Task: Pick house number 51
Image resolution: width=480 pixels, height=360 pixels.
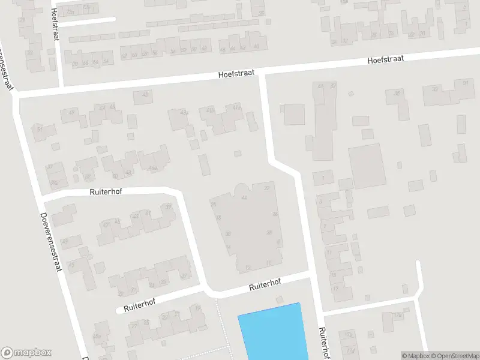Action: point(40,129)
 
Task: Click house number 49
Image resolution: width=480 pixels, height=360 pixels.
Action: point(72,112)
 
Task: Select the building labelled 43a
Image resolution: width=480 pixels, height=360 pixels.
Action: point(184,112)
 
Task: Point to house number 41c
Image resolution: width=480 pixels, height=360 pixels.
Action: point(236,107)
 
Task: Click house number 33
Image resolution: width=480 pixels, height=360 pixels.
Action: point(435,89)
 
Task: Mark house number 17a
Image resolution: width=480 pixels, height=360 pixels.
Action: point(397,314)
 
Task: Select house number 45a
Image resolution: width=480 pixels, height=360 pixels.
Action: point(97,337)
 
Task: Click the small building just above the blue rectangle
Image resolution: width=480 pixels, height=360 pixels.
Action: point(278,299)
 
